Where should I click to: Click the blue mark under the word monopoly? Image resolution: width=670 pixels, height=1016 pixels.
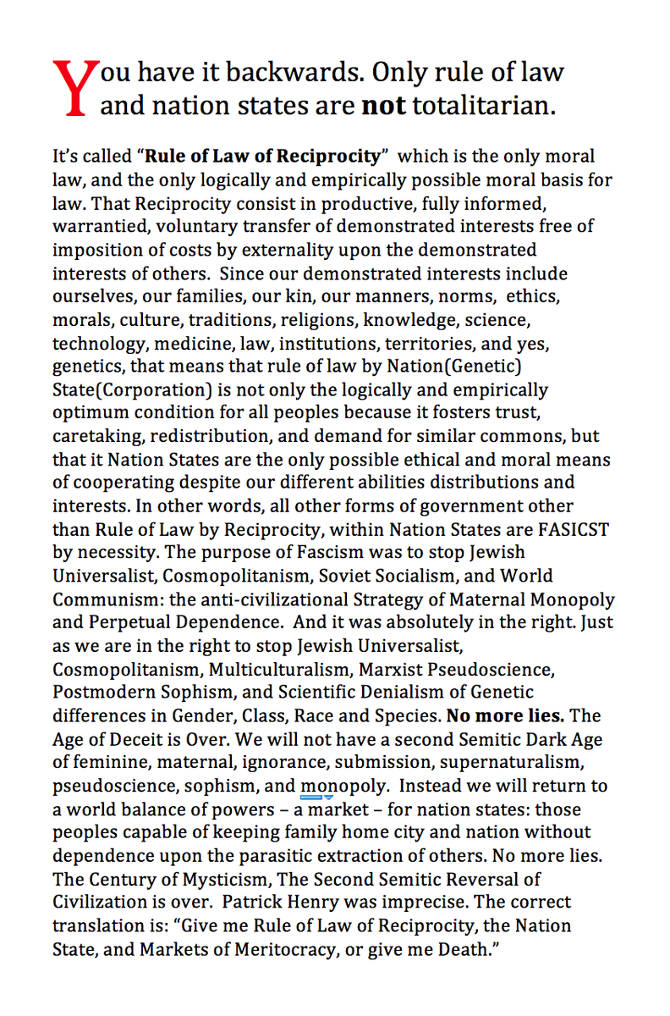pyautogui.click(x=316, y=797)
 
